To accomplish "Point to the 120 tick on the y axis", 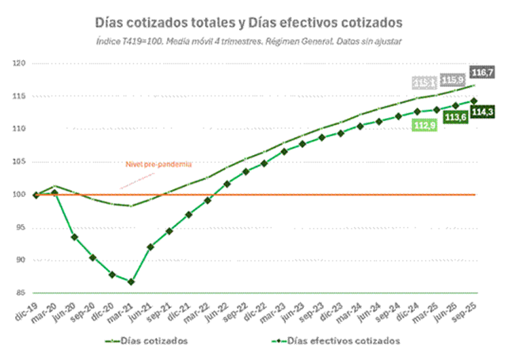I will click(20, 63).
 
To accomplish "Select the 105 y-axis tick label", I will click(20, 161).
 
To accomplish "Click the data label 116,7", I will click(482, 72).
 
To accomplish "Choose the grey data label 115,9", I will click(454, 80).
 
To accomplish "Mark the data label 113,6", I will click(454, 118).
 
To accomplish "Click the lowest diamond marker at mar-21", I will click(131, 282).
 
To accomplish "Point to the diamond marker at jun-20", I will click(74, 237).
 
